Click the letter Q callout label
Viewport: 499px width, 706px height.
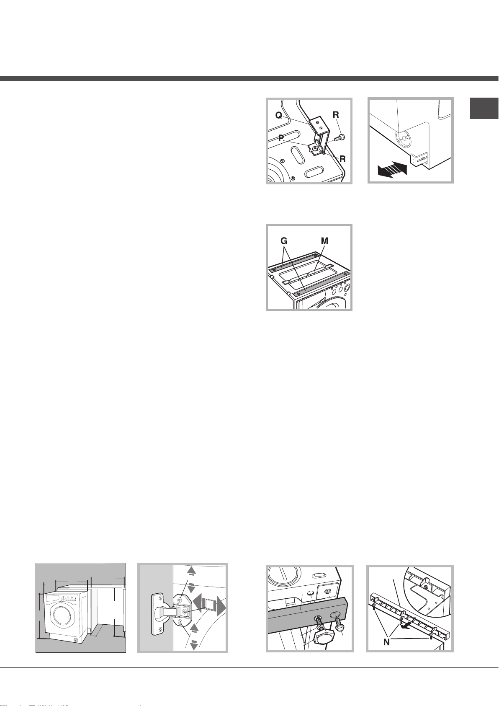click(x=279, y=116)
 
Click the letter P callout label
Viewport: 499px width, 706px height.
click(x=281, y=137)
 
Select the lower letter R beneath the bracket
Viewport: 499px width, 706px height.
click(x=342, y=159)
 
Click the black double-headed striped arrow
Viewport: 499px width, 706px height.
click(x=392, y=169)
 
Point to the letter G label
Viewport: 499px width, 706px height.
click(x=284, y=241)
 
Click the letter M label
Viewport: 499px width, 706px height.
click(x=324, y=241)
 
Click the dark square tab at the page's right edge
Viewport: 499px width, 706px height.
click(x=484, y=108)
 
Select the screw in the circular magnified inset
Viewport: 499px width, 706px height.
click(x=426, y=587)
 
